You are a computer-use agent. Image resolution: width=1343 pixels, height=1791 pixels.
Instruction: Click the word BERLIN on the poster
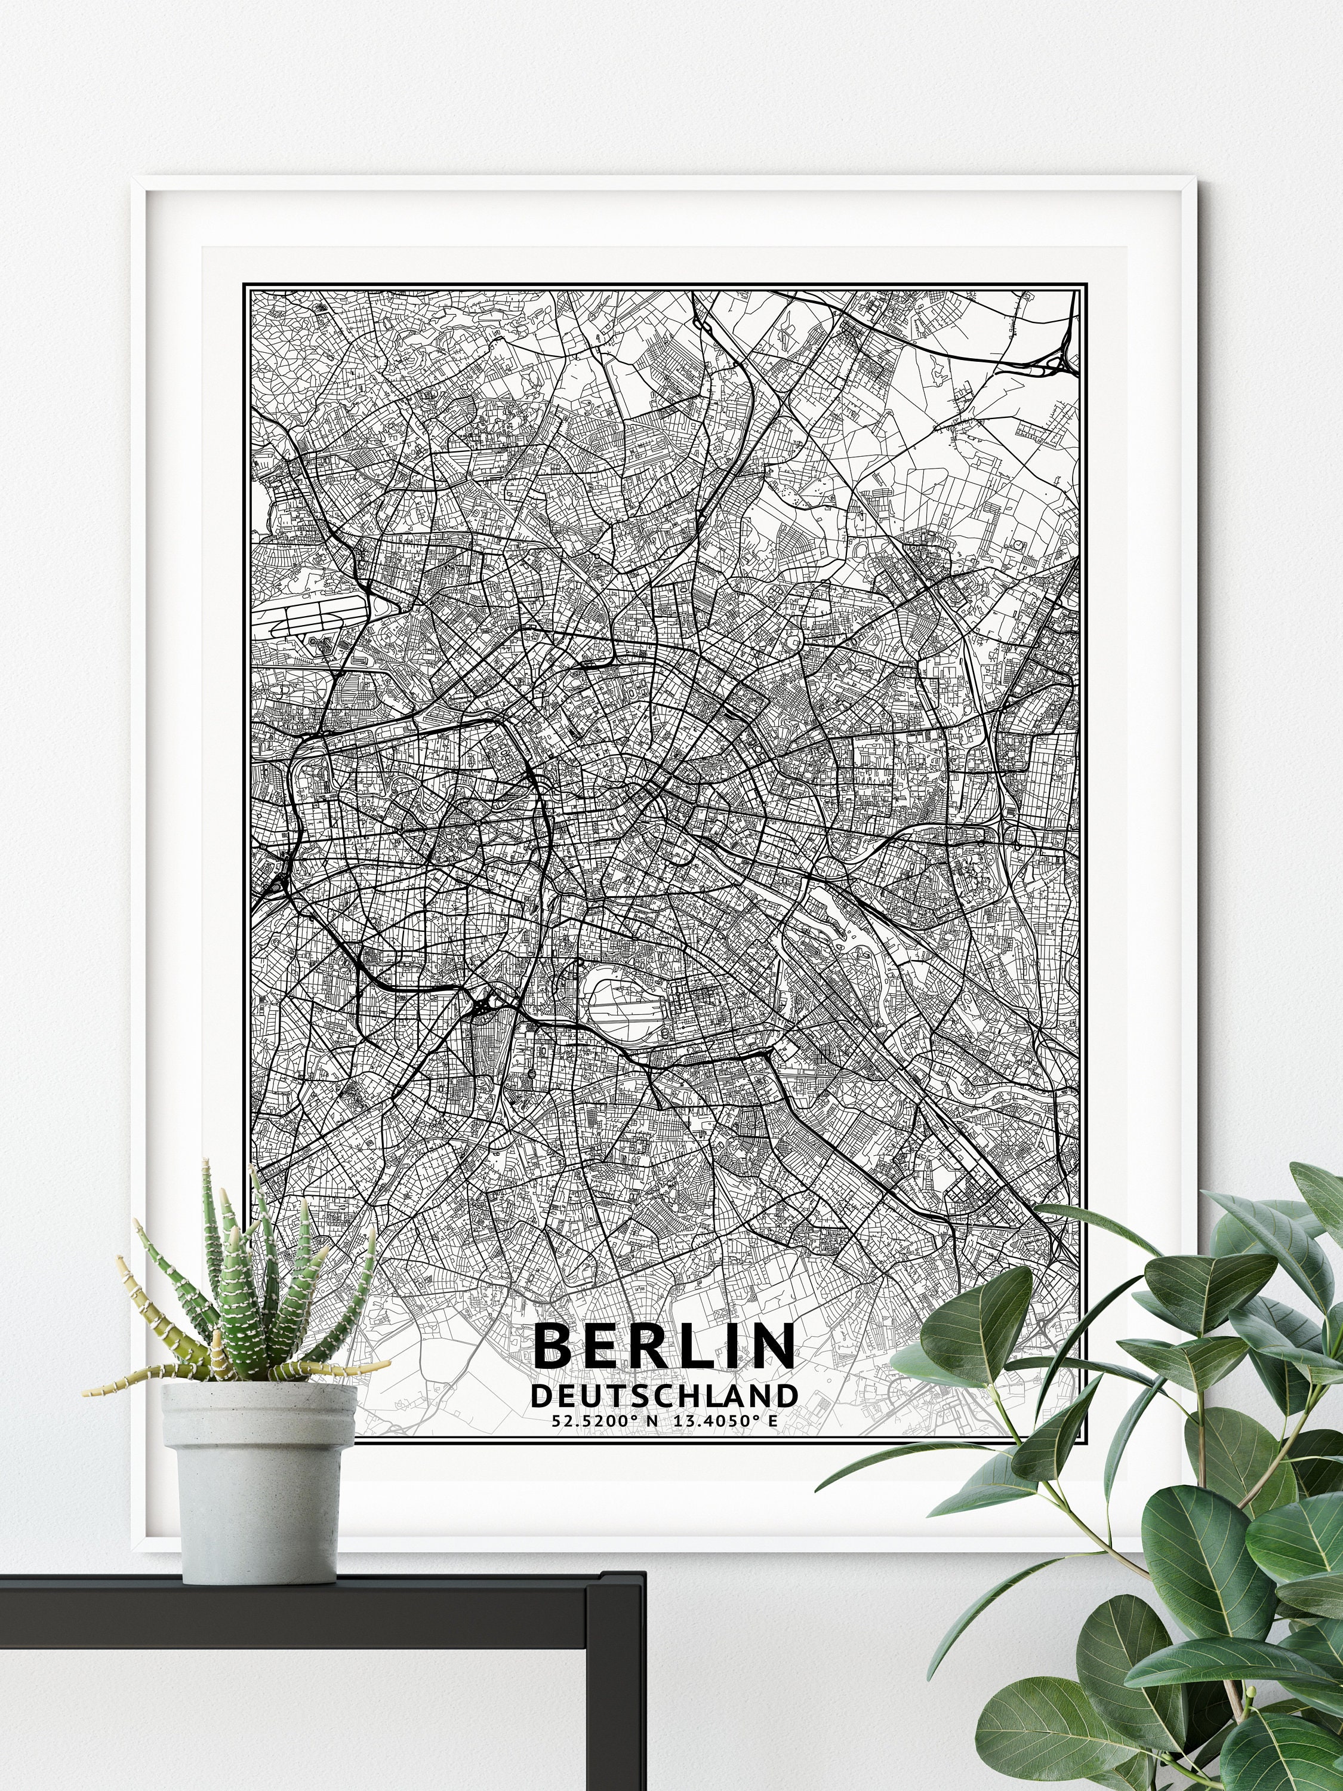pos(664,1346)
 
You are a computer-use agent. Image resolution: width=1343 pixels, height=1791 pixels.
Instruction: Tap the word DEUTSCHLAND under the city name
pos(664,1395)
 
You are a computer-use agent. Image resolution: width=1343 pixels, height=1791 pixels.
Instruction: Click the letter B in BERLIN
pos(553,1346)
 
